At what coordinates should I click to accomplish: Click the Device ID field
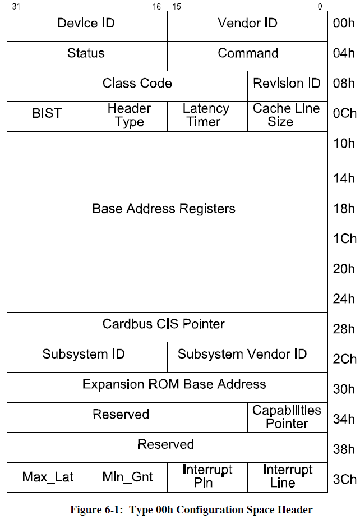click(86, 24)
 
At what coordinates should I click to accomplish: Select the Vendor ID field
click(247, 24)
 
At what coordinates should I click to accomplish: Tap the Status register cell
click(86, 54)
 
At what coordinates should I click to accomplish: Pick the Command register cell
click(248, 54)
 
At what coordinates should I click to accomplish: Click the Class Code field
click(137, 84)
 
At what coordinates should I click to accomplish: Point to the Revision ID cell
click(287, 84)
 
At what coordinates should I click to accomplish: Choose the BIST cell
click(47, 114)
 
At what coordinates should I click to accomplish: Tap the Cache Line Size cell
click(287, 115)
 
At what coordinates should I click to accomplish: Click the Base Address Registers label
click(164, 209)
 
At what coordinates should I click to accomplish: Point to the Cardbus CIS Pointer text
click(164, 324)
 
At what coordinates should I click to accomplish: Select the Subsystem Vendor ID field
click(242, 355)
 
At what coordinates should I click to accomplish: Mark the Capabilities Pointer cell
click(287, 417)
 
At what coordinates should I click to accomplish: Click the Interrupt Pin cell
click(207, 476)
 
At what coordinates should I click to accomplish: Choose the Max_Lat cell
click(47, 477)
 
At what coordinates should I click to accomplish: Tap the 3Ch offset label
click(344, 479)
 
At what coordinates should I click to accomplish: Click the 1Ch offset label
click(344, 238)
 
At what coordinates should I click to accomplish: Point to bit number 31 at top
click(16, 7)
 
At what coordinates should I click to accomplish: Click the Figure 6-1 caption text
click(191, 509)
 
